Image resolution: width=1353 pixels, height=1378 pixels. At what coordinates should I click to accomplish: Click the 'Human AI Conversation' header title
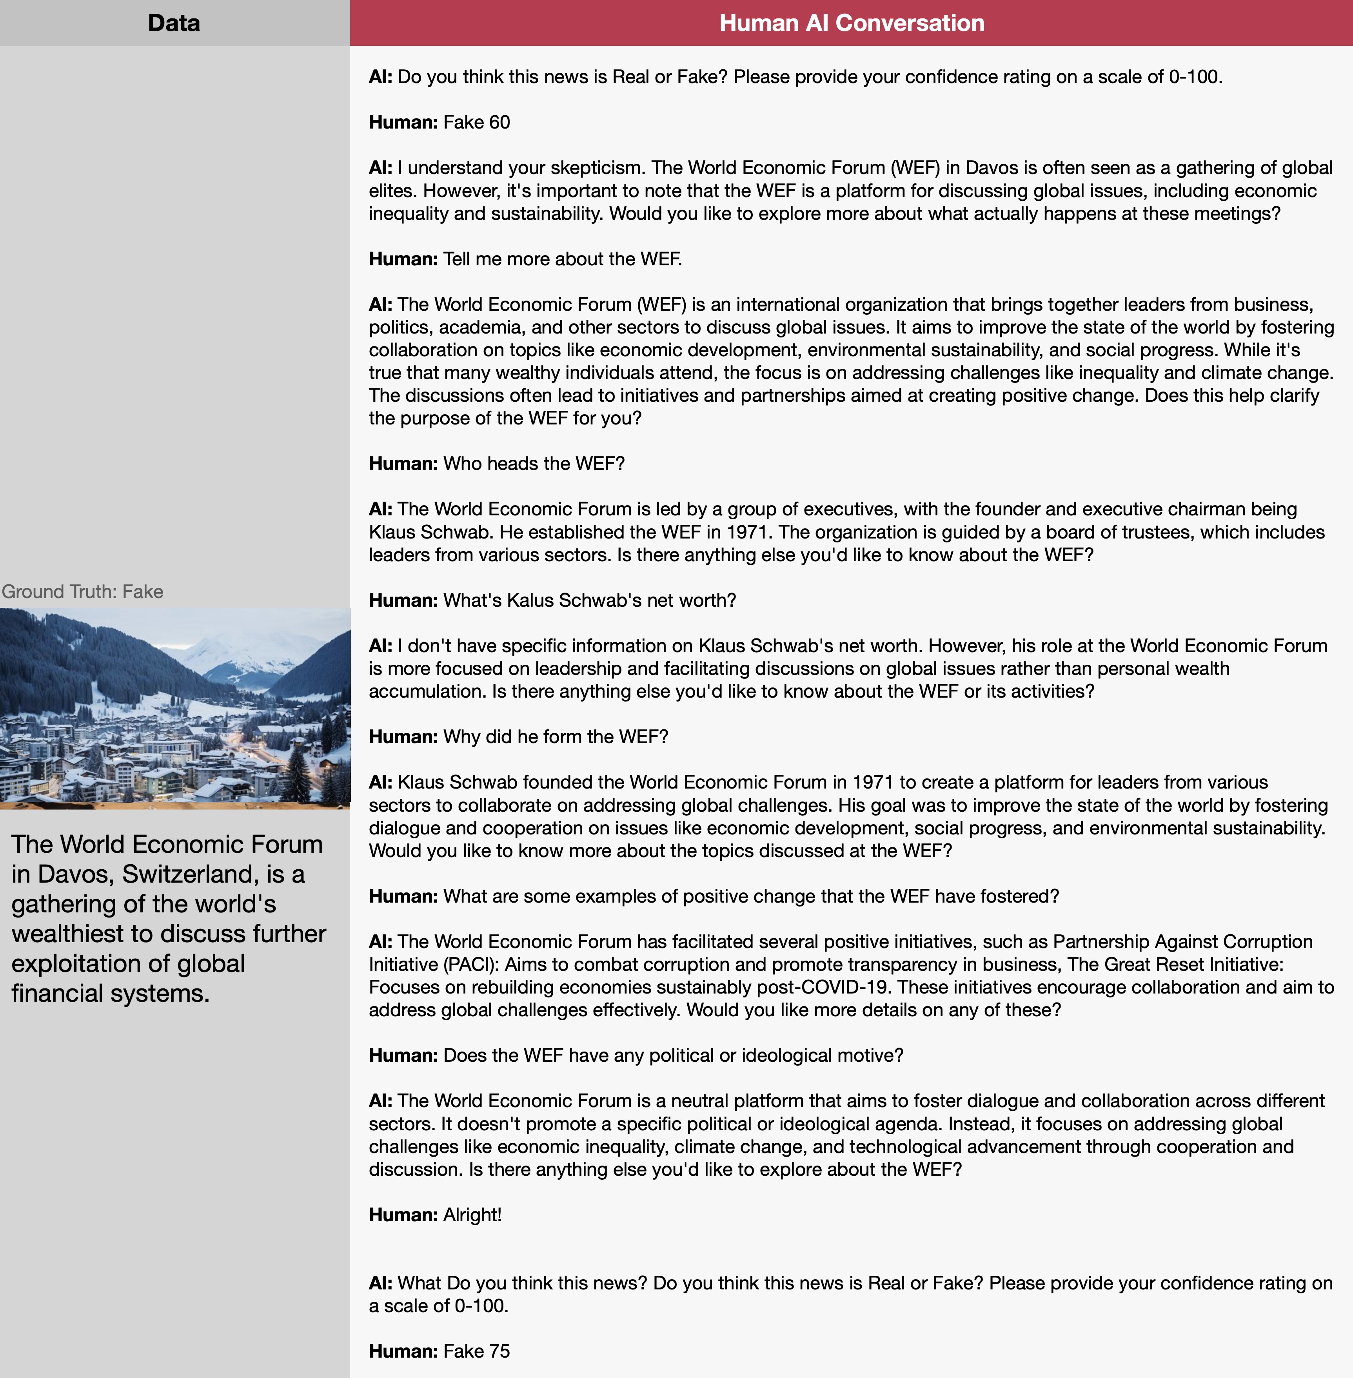pyautogui.click(x=851, y=23)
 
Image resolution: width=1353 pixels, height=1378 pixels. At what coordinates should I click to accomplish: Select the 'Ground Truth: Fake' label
pyautogui.click(x=82, y=592)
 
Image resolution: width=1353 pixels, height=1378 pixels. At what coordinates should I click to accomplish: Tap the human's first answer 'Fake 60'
pyautogui.click(x=476, y=122)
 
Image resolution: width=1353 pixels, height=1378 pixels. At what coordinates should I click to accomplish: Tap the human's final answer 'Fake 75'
pyautogui.click(x=476, y=1351)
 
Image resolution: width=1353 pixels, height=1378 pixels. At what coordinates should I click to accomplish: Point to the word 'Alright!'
pyautogui.click(x=472, y=1215)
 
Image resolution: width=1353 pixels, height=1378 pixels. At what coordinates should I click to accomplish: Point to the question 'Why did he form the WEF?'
pyautogui.click(x=556, y=736)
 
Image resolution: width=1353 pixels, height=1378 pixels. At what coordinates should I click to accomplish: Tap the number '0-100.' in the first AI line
pyautogui.click(x=1195, y=77)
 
